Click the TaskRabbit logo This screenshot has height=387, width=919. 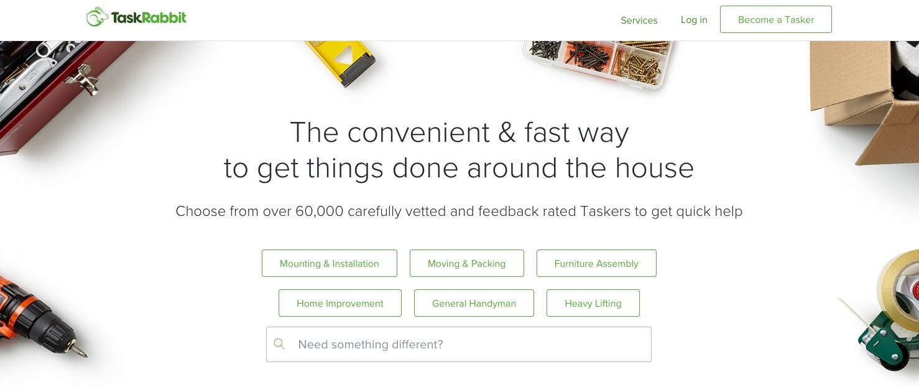click(136, 17)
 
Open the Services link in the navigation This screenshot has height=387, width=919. click(639, 21)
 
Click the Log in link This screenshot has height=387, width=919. click(694, 20)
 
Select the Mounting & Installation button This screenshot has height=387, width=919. click(329, 263)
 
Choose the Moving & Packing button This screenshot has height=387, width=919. click(466, 263)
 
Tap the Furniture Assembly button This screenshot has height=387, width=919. click(596, 263)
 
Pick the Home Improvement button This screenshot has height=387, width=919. click(339, 303)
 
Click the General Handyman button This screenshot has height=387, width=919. click(474, 303)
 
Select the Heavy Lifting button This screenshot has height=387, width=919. click(593, 303)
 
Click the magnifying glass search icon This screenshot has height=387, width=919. click(279, 344)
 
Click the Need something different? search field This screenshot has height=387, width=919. click(466, 344)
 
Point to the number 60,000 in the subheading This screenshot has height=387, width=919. click(320, 212)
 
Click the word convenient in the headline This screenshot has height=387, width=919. click(418, 133)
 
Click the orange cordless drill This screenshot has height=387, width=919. click(37, 317)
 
